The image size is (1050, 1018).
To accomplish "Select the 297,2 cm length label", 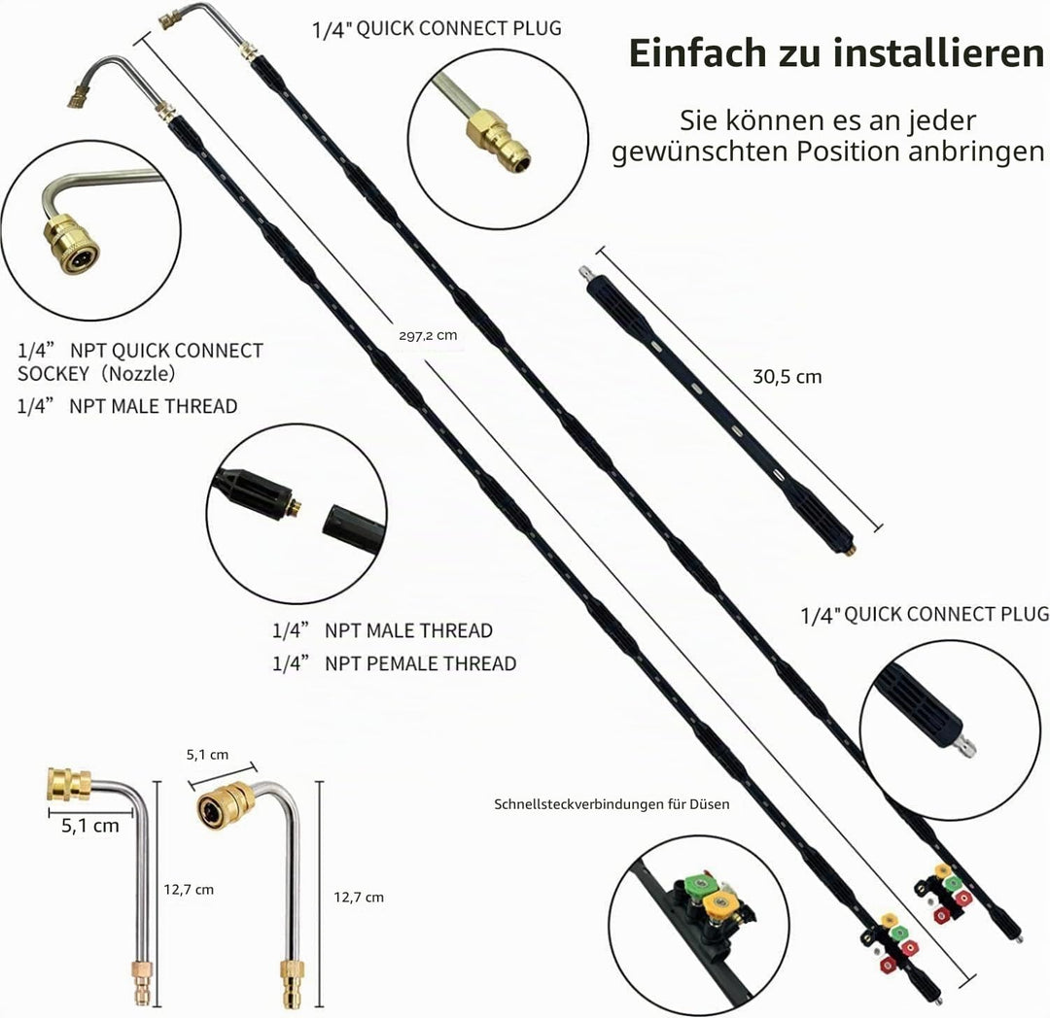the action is [428, 335].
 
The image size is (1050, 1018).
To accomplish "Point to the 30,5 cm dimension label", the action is [787, 377].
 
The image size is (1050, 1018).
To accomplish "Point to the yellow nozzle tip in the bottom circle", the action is [719, 905].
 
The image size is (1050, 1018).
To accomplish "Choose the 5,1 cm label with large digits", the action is [90, 826].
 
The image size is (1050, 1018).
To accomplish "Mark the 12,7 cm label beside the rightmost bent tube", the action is [359, 897].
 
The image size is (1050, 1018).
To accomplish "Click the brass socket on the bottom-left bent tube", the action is [69, 785].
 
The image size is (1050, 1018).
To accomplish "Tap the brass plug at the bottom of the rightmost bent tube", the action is [293, 983].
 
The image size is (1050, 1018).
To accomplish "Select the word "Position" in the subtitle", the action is [847, 152].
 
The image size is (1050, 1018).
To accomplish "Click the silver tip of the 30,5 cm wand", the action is [588, 274].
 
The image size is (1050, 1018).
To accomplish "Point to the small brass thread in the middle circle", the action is [296, 506].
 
